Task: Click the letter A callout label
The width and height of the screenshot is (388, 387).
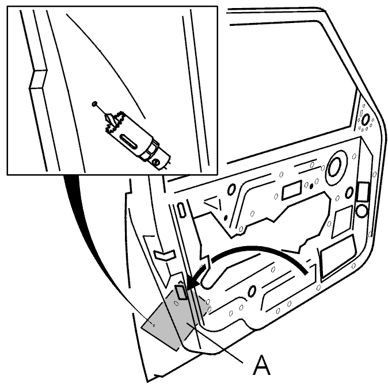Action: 261,365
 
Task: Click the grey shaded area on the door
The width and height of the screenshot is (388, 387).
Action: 173,319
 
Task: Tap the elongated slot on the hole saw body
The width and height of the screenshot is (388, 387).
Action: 129,141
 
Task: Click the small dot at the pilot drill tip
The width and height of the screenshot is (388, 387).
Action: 94,104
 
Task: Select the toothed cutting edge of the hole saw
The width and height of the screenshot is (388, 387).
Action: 115,122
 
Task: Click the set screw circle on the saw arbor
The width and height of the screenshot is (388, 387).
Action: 156,162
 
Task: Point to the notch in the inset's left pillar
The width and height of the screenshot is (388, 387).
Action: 37,79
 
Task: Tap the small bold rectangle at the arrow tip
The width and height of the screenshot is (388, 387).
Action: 181,292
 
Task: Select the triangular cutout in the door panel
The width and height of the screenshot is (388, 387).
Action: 213,203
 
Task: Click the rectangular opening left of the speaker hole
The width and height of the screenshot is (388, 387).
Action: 292,190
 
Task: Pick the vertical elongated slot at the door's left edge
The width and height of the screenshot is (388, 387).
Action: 181,210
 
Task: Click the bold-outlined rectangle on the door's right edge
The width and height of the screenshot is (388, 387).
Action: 363,191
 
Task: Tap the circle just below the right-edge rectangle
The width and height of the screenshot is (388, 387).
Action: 362,211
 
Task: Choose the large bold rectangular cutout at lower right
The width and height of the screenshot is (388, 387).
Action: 338,257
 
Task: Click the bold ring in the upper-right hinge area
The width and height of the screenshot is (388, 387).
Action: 366,120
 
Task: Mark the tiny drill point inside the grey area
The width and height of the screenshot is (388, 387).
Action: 154,325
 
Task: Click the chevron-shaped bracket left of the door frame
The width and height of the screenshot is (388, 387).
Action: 165,255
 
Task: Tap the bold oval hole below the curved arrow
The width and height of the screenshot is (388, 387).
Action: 252,291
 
